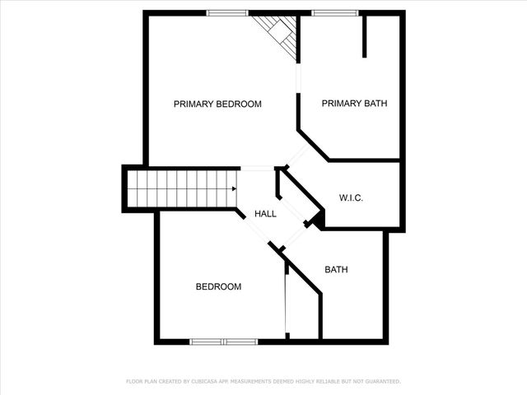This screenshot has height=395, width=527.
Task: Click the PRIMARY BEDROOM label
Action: click(x=217, y=105)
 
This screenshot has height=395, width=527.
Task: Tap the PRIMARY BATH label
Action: click(x=354, y=104)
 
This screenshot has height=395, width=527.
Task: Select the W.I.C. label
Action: click(x=352, y=198)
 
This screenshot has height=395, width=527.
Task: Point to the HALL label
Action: click(x=265, y=214)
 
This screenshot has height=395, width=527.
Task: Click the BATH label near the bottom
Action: click(x=336, y=269)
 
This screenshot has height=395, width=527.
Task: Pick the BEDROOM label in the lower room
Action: click(x=218, y=287)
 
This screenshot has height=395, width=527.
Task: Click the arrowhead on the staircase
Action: click(x=234, y=188)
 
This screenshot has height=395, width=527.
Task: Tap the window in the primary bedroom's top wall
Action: click(x=227, y=12)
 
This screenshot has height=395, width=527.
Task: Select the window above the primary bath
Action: click(x=335, y=12)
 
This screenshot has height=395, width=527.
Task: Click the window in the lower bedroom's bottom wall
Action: click(x=223, y=341)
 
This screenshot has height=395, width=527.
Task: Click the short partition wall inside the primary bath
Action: click(x=365, y=35)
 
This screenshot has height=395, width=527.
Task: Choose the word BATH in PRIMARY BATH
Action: click(x=375, y=104)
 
